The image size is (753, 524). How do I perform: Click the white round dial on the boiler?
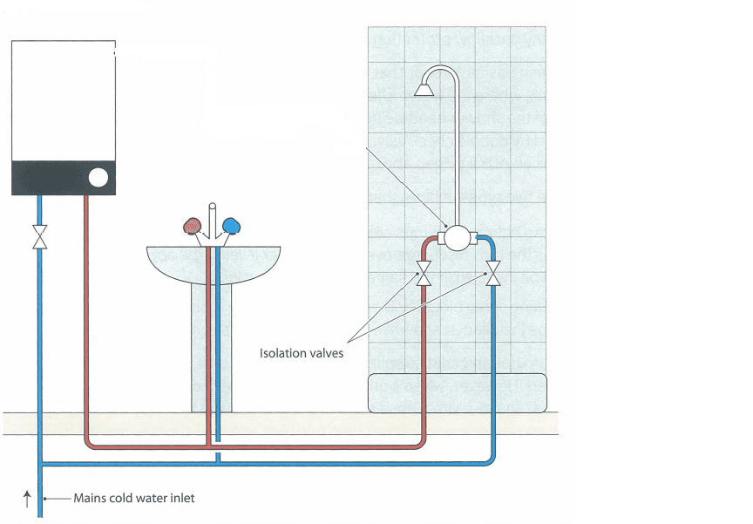pyautogui.click(x=98, y=178)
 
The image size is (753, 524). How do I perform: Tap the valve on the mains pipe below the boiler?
pyautogui.click(x=40, y=237)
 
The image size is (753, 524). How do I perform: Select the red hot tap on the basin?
pyautogui.click(x=192, y=226)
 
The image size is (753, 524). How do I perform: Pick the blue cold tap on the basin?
pyautogui.click(x=232, y=226)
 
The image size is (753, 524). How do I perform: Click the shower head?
pyautogui.click(x=424, y=89)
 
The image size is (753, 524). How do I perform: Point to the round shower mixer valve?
pyautogui.click(x=457, y=238)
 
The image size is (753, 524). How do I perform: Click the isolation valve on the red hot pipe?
pyautogui.click(x=424, y=273)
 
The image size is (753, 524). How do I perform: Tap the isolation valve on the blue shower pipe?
pyautogui.click(x=493, y=273)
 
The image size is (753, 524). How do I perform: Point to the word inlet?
pyautogui.click(x=181, y=498)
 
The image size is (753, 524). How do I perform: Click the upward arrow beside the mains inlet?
pyautogui.click(x=27, y=499)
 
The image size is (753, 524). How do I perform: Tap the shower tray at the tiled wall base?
pyautogui.click(x=458, y=393)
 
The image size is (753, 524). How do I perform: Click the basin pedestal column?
pyautogui.click(x=212, y=348)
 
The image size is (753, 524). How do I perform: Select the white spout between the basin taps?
pyautogui.click(x=213, y=221)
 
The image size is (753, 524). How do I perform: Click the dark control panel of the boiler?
pyautogui.click(x=64, y=178)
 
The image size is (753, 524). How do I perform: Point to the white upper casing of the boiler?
pyautogui.click(x=64, y=101)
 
